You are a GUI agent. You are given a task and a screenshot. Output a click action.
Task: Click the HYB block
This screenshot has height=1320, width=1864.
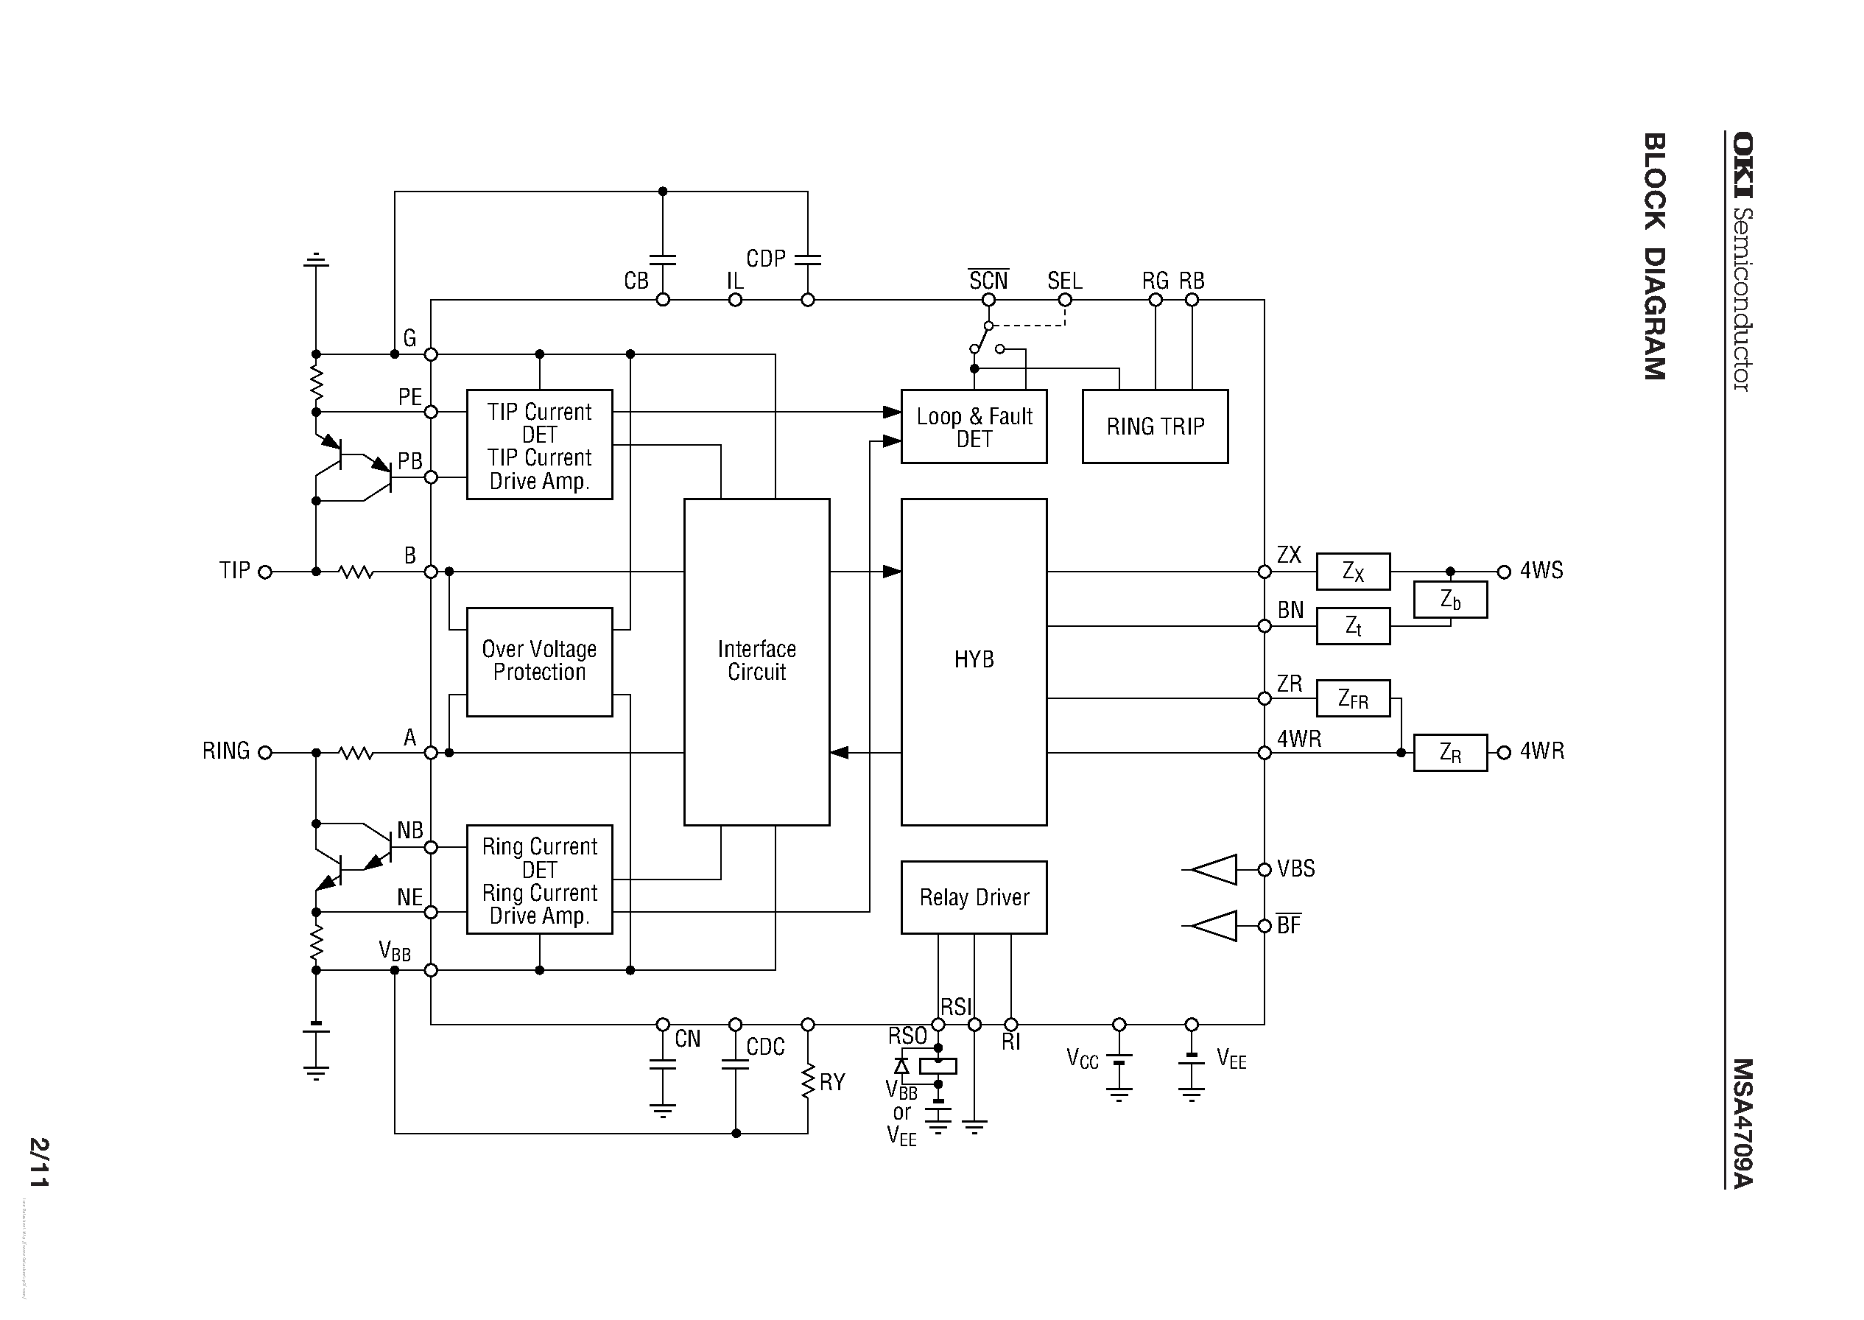974,661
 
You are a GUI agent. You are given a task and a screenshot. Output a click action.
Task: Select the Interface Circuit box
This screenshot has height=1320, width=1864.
756,661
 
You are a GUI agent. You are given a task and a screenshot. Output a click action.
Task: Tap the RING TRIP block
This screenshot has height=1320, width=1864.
1155,426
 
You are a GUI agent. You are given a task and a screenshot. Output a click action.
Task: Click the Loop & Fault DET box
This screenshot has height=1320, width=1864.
974,426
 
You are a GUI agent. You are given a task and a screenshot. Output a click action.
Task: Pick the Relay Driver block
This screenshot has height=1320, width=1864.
974,897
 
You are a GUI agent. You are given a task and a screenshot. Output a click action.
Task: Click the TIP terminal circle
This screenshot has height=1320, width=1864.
265,572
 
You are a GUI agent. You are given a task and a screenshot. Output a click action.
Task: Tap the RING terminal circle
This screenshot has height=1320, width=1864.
265,753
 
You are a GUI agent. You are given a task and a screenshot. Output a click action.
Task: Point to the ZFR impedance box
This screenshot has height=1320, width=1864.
1353,698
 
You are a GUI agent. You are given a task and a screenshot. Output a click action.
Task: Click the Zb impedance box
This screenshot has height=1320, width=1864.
1450,600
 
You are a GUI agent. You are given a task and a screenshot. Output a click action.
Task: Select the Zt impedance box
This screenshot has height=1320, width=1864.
1353,626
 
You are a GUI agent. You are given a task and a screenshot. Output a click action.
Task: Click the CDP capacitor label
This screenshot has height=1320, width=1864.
765,259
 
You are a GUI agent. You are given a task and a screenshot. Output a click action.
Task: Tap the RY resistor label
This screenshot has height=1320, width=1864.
832,1082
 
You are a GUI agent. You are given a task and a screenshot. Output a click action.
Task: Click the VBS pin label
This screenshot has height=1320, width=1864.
1296,869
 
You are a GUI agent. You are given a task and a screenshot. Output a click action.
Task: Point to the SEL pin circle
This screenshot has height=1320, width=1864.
1064,300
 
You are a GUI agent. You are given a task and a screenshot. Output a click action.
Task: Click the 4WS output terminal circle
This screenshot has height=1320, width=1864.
1504,572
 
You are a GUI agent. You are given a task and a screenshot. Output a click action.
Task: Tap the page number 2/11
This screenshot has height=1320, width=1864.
39,1162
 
